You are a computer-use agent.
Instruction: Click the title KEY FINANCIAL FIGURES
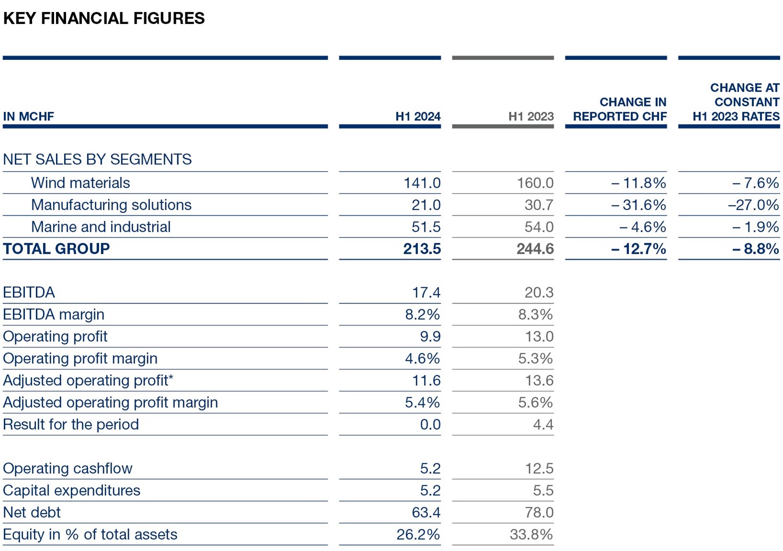tap(104, 18)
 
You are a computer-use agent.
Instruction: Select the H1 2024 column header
tap(417, 117)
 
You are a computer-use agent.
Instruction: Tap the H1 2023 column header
tap(531, 117)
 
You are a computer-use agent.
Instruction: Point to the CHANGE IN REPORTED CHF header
tap(620, 109)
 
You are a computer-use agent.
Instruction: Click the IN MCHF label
tap(28, 117)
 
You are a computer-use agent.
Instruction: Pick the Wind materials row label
tap(80, 183)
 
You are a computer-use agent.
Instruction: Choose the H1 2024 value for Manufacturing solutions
tap(426, 205)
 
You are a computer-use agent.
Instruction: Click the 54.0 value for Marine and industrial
tap(539, 227)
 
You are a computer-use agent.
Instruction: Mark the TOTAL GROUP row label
tap(56, 249)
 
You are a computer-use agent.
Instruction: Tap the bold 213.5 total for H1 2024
tap(422, 249)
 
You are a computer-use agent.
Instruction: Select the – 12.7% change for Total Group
tap(638, 249)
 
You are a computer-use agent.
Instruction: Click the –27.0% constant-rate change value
tap(753, 205)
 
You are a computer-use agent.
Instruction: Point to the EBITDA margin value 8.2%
tap(422, 314)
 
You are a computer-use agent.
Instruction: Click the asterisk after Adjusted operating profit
tap(171, 378)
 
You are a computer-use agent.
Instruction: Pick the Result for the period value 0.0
tap(430, 424)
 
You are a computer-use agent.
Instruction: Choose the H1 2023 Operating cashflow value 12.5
tap(539, 468)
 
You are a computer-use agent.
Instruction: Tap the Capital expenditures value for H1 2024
tap(430, 490)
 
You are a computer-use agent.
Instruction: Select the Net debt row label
tap(32, 512)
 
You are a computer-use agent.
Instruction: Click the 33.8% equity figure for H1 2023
tap(531, 534)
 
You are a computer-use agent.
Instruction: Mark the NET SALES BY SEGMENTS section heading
tap(97, 159)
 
